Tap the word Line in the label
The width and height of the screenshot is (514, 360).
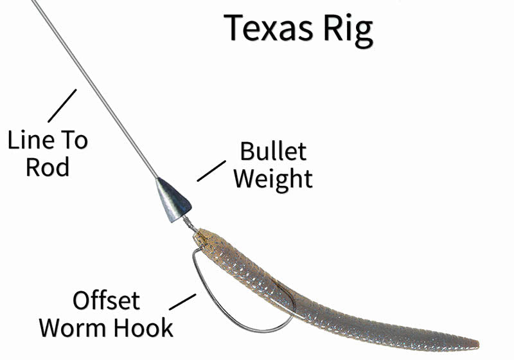[29, 139]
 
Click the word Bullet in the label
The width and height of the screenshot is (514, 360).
[273, 152]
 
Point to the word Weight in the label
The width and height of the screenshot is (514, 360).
[273, 178]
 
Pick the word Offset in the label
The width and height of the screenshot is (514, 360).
[106, 300]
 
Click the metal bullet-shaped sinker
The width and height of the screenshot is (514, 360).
[172, 200]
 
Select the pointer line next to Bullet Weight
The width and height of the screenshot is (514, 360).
[208, 170]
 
